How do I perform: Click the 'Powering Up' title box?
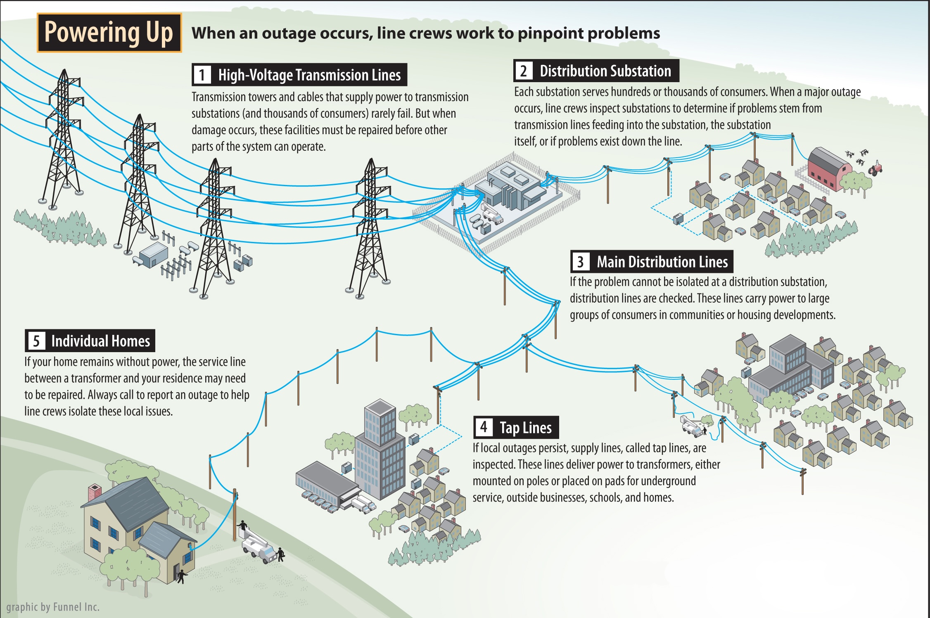(109, 33)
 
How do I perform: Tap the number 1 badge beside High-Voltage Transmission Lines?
(202, 75)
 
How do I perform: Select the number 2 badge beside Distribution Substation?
(524, 71)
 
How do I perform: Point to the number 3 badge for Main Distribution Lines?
(580, 262)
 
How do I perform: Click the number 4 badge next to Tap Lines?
(484, 427)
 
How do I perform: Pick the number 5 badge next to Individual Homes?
(36, 341)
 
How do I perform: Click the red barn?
(828, 169)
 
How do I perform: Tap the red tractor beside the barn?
(875, 168)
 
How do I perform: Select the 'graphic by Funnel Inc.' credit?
(53, 607)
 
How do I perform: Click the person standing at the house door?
(181, 575)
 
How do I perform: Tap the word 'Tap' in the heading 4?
(509, 428)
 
